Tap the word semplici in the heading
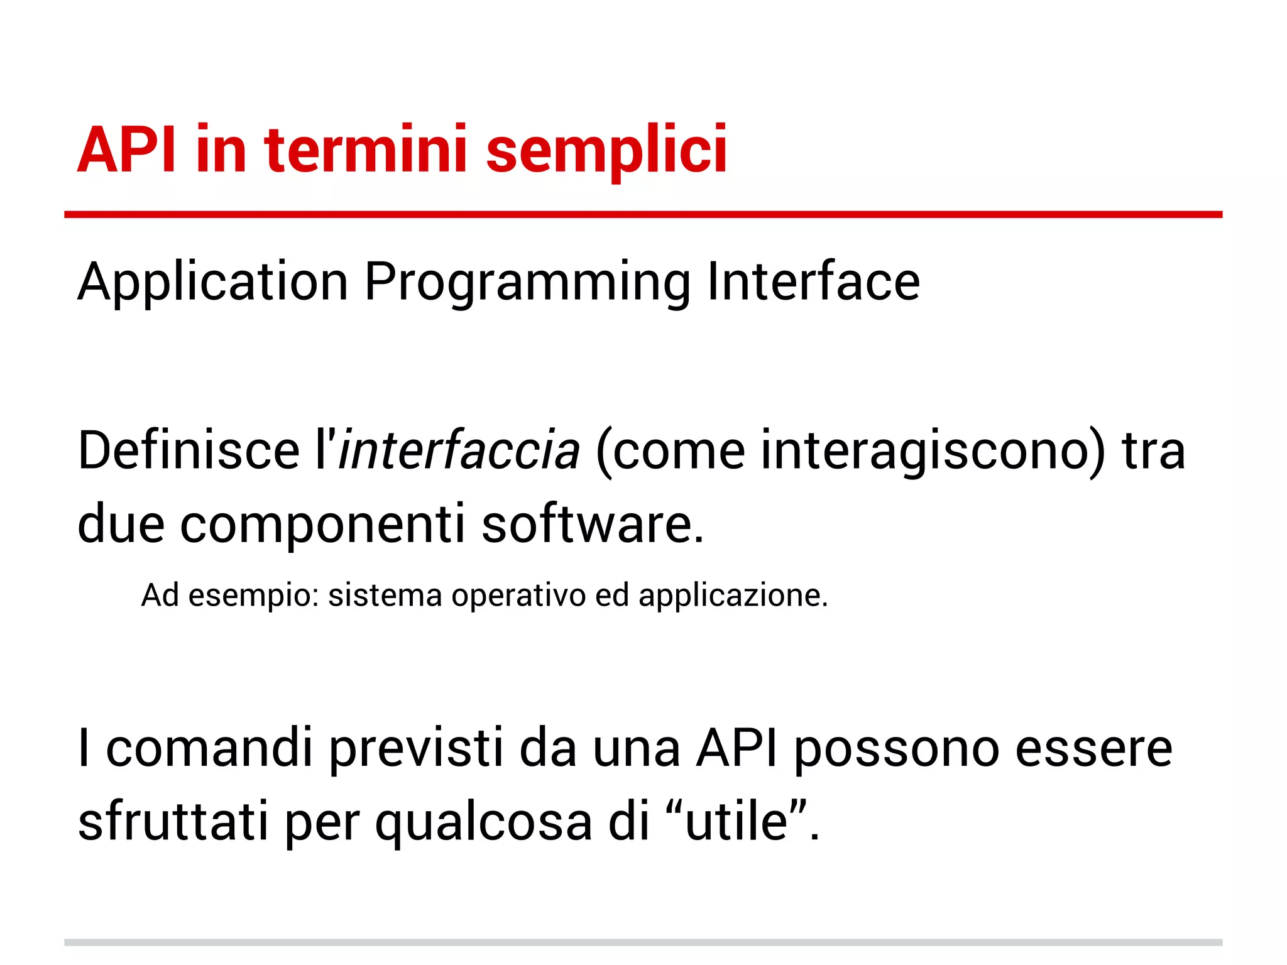click(x=606, y=151)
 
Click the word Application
click(x=212, y=283)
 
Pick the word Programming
click(x=527, y=283)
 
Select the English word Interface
click(x=813, y=281)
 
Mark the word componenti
click(x=322, y=524)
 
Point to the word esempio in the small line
click(x=254, y=596)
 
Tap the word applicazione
click(x=732, y=596)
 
